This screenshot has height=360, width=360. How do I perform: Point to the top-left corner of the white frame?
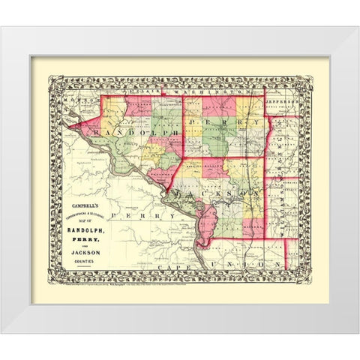2,28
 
